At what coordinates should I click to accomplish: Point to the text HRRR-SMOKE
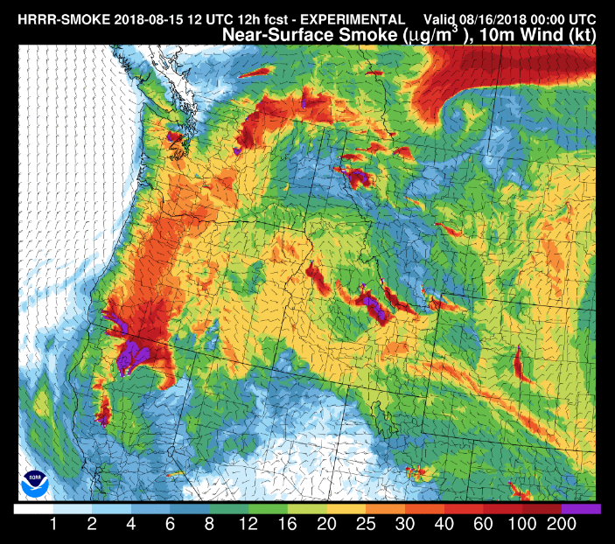click(x=56, y=19)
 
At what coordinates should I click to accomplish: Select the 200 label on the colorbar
click(x=561, y=525)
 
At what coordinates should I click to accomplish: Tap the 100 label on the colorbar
click(x=522, y=525)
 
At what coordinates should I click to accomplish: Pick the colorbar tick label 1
click(x=53, y=525)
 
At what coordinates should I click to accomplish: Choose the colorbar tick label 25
click(x=366, y=525)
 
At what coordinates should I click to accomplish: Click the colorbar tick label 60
click(x=483, y=525)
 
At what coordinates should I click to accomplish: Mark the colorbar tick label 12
click(x=248, y=525)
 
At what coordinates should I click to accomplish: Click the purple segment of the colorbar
click(x=581, y=508)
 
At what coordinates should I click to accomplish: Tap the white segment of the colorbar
click(x=33, y=508)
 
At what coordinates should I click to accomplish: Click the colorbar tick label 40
click(x=444, y=525)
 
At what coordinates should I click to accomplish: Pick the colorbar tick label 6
click(x=171, y=525)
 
